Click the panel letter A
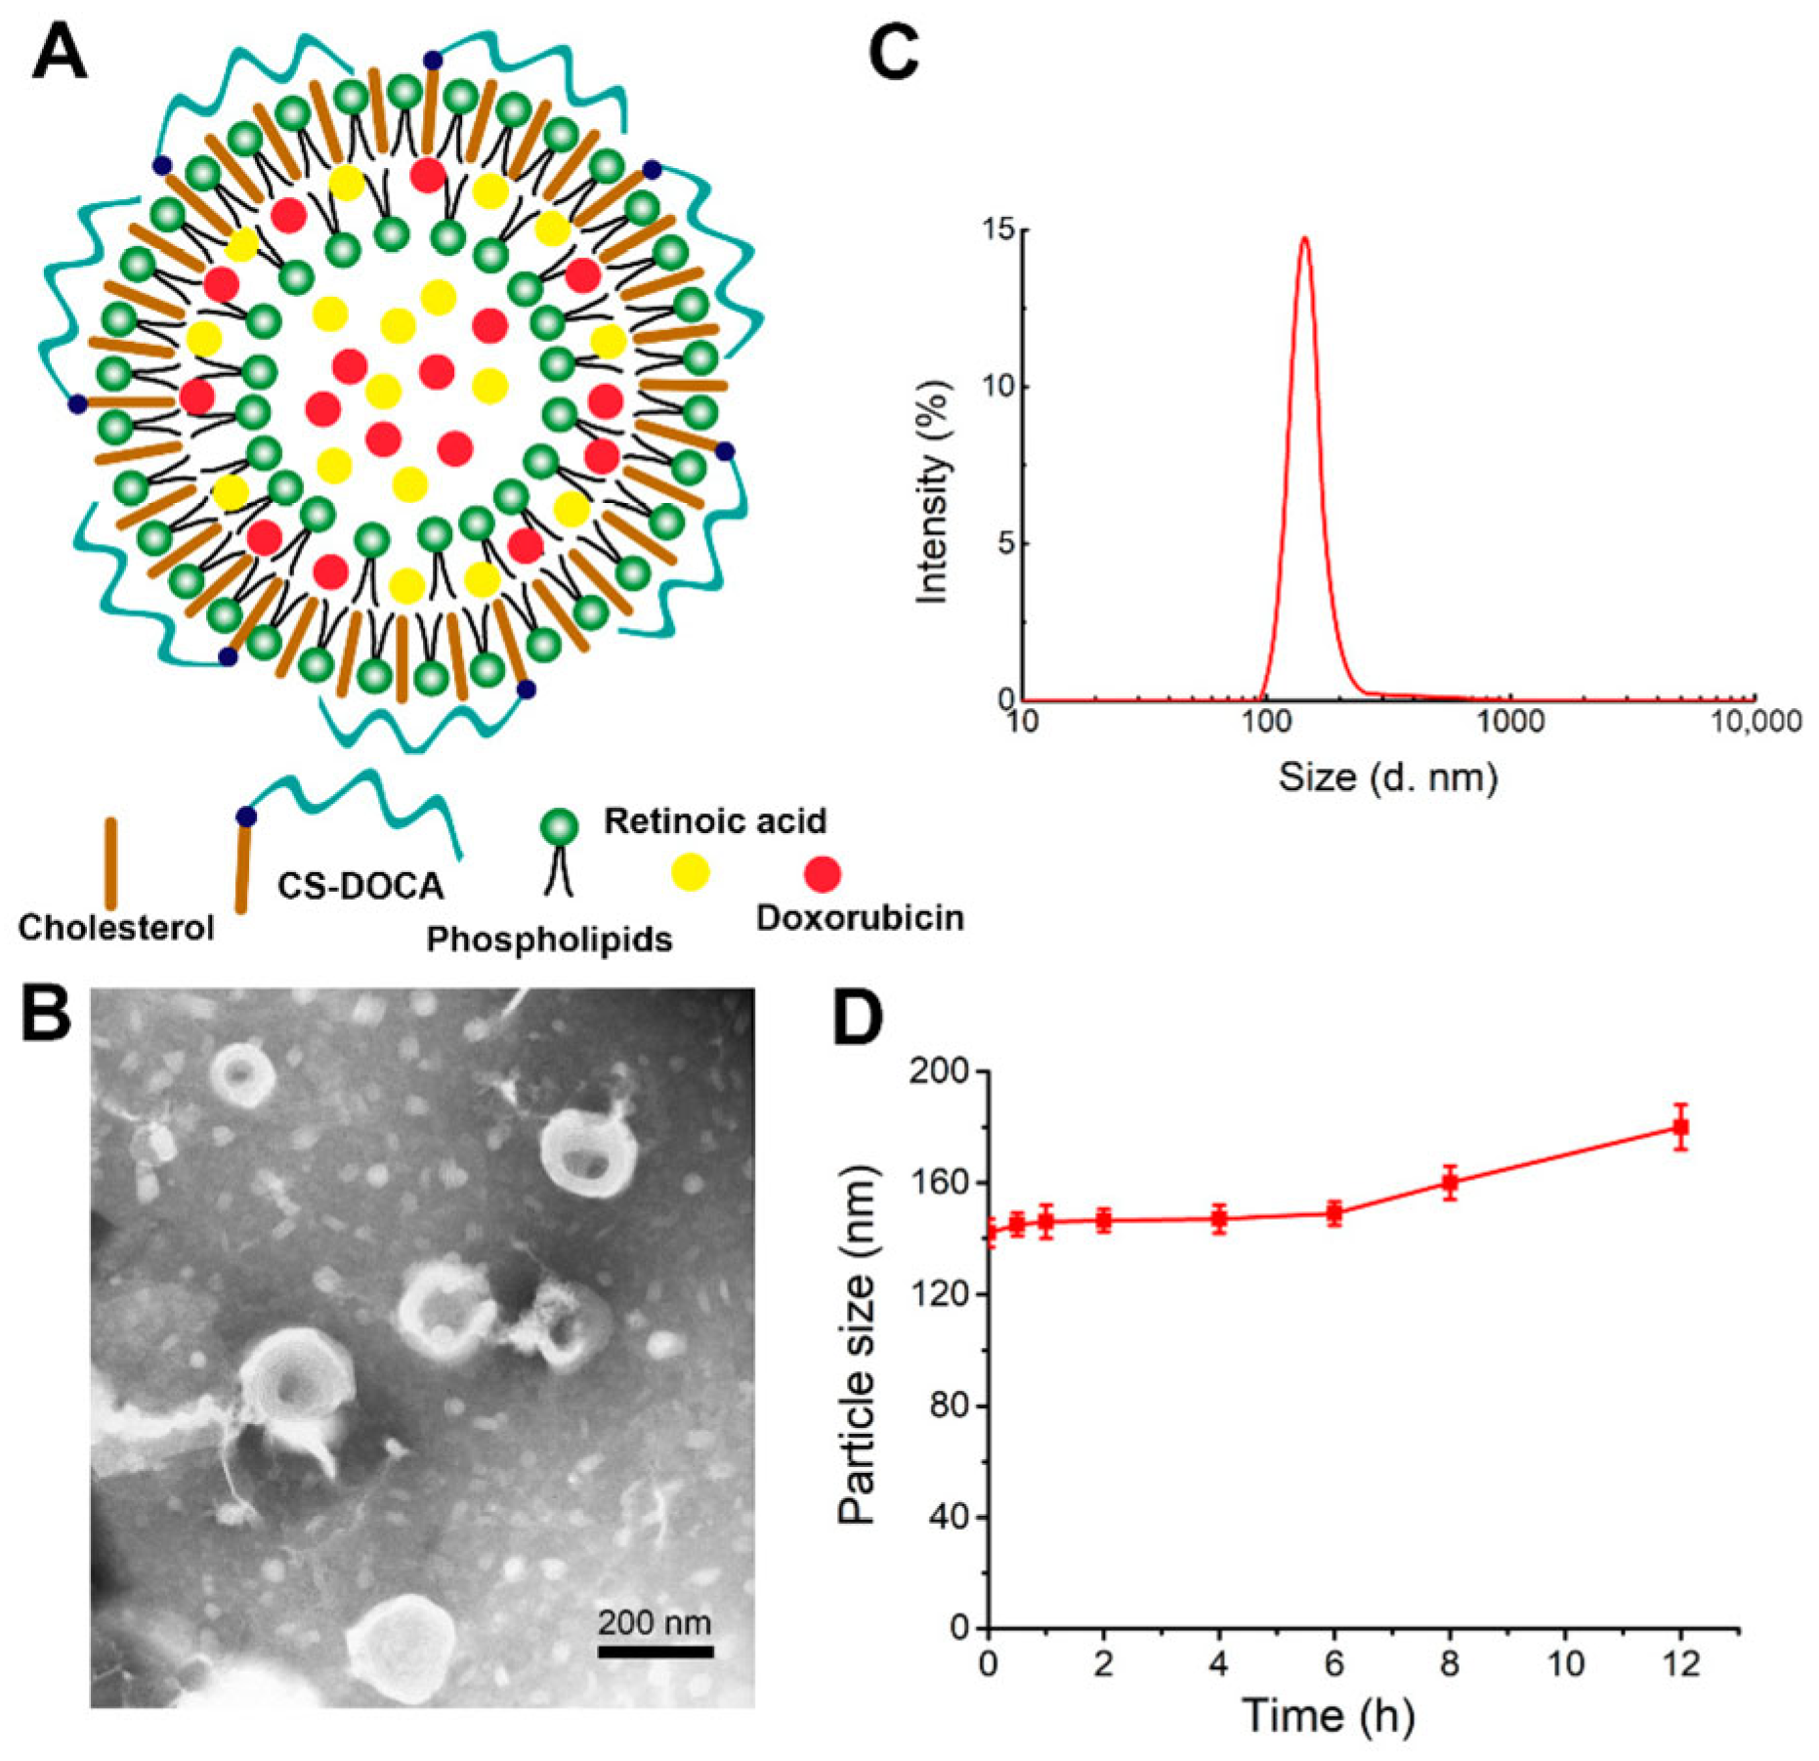tap(60, 53)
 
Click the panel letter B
tap(46, 1013)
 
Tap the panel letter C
tap(893, 53)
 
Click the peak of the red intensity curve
tap(1303, 238)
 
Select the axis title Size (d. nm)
tap(1387, 776)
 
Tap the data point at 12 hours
tap(1680, 1127)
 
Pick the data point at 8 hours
tap(1450, 1182)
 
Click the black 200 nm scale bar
tap(655, 1652)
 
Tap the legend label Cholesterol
tap(115, 927)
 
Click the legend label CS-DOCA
tap(360, 886)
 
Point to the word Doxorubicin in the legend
tap(860, 918)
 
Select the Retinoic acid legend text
tap(715, 820)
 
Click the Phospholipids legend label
tap(549, 939)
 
